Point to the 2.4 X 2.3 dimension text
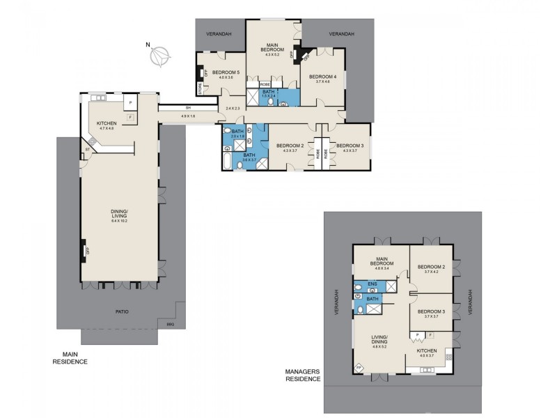pyautogui.click(x=233, y=108)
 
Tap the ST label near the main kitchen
pyautogui.click(x=88, y=149)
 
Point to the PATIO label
pyautogui.click(x=122, y=311)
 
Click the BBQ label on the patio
pyautogui.click(x=169, y=323)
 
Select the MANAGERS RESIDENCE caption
pyautogui.click(x=303, y=376)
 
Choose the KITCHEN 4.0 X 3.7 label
pyautogui.click(x=427, y=353)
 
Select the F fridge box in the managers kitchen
pyautogui.click(x=430, y=336)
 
